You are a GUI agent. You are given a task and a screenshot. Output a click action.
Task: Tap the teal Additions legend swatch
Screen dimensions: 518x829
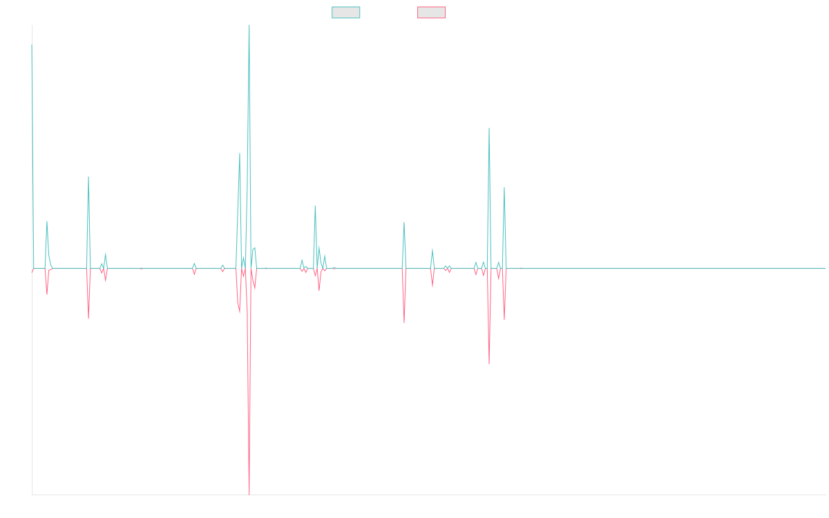346,12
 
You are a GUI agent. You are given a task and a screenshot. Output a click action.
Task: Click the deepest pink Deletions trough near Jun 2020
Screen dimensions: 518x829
249,493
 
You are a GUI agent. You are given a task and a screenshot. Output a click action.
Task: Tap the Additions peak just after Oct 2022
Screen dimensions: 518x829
489,128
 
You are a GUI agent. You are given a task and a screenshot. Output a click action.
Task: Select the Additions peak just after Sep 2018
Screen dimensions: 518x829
88,177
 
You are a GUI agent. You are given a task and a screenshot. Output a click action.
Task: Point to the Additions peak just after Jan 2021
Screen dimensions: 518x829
315,206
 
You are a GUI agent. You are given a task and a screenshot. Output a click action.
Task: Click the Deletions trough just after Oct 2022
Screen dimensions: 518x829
489,364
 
